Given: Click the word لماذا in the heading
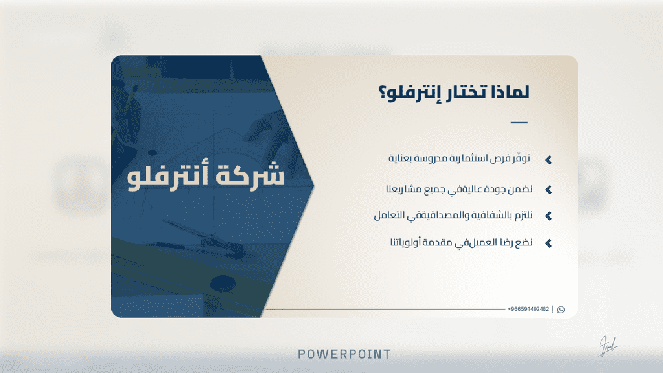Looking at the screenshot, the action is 510,92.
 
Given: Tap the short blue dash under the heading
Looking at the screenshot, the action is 519,122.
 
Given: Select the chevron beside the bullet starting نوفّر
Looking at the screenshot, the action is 548,160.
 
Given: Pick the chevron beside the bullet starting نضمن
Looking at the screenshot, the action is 548,190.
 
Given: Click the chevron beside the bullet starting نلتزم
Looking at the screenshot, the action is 548,216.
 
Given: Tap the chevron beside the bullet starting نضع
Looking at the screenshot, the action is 548,243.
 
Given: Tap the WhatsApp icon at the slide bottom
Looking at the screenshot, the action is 561,310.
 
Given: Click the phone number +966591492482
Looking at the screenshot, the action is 528,309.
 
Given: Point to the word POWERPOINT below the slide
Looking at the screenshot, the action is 344,354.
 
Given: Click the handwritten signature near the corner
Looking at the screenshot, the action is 607,346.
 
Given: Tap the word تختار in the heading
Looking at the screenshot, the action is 465,92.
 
